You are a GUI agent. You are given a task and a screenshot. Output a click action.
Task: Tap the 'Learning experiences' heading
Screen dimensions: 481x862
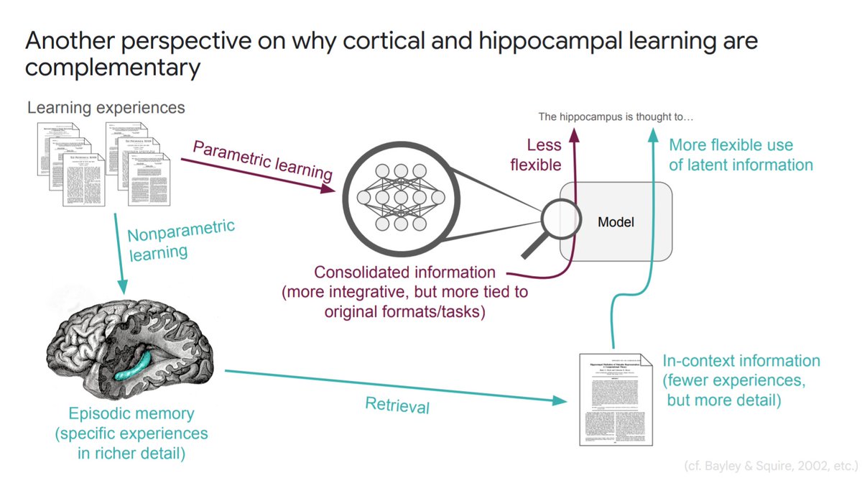point(106,108)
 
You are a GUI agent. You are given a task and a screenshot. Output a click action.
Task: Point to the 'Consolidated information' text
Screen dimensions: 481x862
point(404,273)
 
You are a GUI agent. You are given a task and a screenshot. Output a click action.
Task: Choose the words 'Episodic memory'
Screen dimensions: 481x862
point(132,414)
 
